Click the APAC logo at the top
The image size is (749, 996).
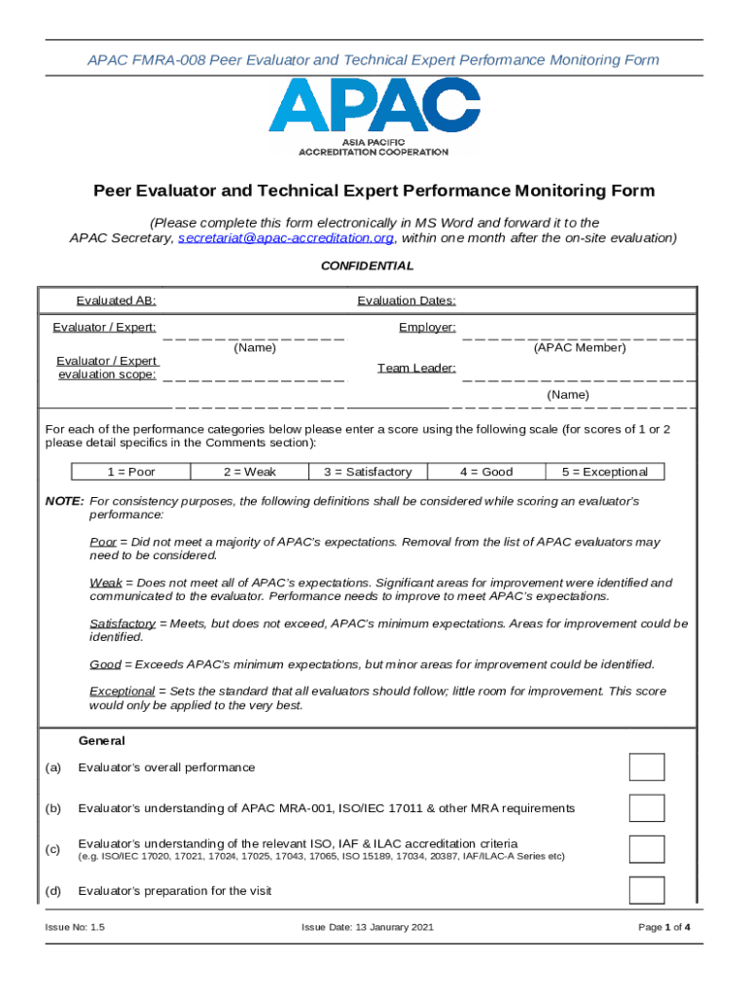point(374,117)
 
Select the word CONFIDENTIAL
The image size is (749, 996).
point(368,266)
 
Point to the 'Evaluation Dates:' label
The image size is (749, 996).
point(407,301)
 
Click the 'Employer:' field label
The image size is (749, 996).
point(427,327)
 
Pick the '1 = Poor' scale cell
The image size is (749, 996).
point(131,472)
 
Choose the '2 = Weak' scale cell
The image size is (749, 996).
point(250,472)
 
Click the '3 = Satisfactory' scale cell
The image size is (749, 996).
point(368,472)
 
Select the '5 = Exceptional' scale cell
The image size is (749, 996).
point(604,472)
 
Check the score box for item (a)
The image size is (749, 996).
point(647,767)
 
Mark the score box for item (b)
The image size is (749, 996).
point(647,808)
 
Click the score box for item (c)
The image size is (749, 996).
point(647,849)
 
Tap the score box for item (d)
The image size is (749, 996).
point(647,890)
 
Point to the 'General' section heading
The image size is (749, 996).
point(101,740)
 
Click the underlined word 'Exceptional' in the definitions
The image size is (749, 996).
point(123,691)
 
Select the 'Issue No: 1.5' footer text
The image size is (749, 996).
point(75,927)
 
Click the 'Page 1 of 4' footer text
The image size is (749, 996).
point(664,927)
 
